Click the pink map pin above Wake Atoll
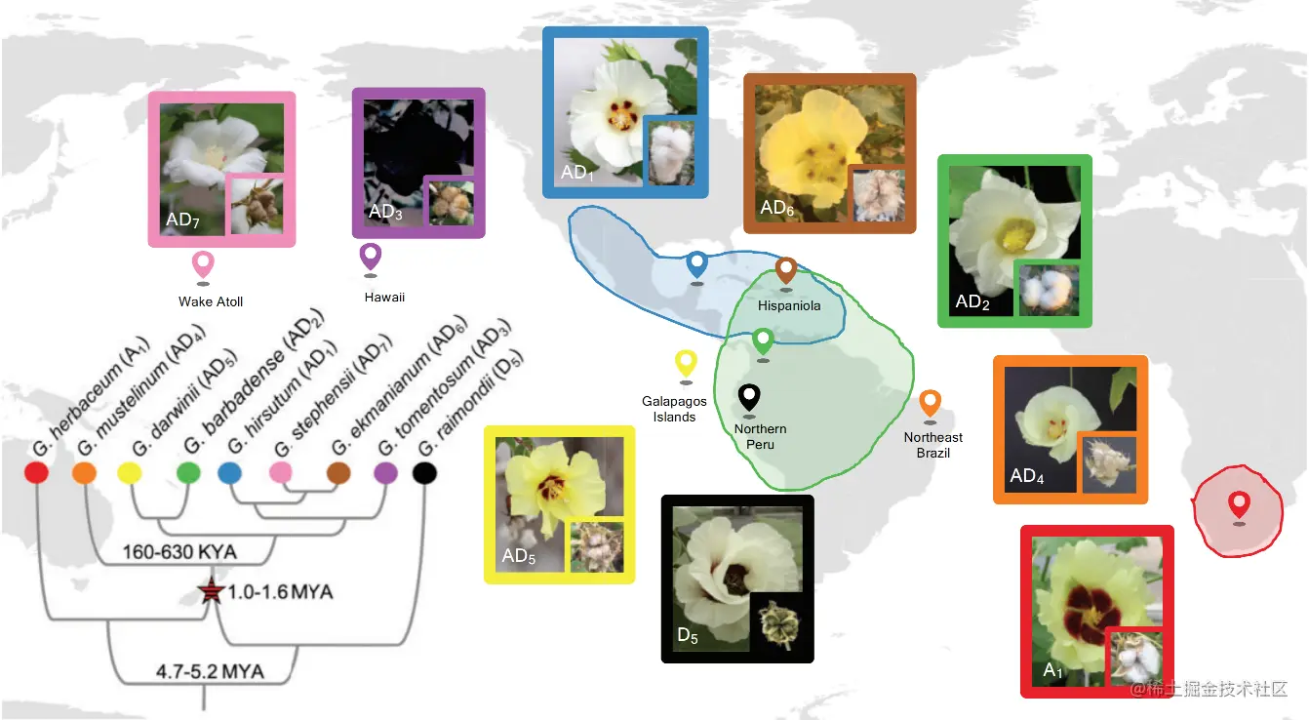point(203,263)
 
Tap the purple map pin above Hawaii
point(371,257)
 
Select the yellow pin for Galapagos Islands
point(687,364)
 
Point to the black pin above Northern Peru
point(749,397)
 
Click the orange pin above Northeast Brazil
point(931,402)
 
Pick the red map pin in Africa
point(1239,504)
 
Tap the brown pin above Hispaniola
point(786,269)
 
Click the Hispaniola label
point(789,305)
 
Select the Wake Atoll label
point(211,301)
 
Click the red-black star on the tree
point(208,592)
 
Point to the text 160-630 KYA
point(179,552)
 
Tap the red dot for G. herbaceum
point(36,474)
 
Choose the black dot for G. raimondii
point(423,474)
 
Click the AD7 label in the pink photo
point(182,220)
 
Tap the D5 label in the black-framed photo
point(688,636)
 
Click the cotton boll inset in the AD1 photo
point(670,151)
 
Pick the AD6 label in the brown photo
point(776,208)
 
